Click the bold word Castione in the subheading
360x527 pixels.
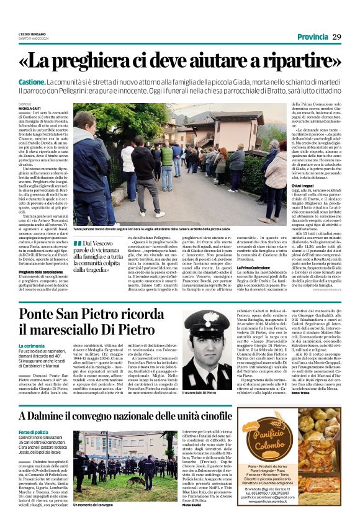pyautogui.click(x=31, y=83)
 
